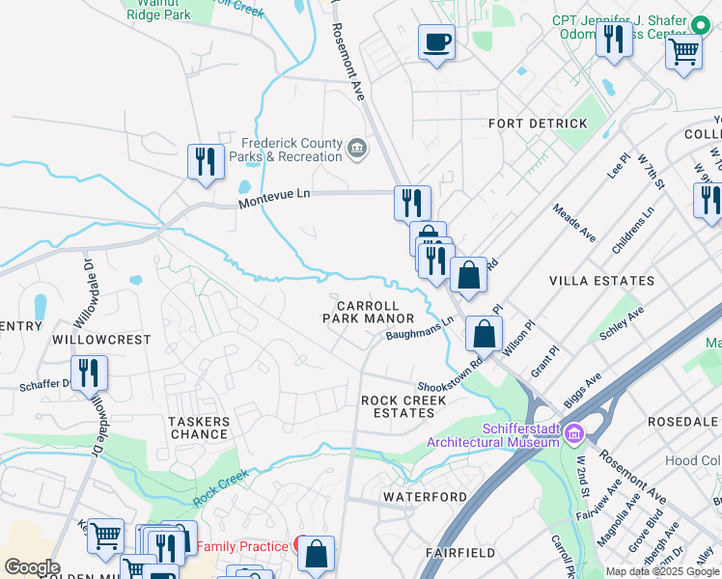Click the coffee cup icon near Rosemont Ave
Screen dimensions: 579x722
pyautogui.click(x=436, y=42)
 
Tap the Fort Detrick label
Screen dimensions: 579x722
pyautogui.click(x=538, y=124)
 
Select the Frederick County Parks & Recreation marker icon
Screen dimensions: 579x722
pyautogui.click(x=356, y=148)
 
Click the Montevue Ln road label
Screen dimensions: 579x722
pyautogui.click(x=275, y=195)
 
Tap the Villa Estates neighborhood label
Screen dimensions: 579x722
pyautogui.click(x=601, y=281)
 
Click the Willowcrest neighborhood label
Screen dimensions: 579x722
pyautogui.click(x=101, y=341)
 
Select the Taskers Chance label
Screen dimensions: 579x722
pyautogui.click(x=199, y=428)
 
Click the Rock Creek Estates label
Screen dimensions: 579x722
pyautogui.click(x=403, y=406)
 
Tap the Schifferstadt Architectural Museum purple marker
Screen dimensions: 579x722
pyautogui.click(x=574, y=433)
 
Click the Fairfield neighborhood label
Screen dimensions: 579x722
pyautogui.click(x=460, y=553)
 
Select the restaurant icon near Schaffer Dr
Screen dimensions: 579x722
pyautogui.click(x=89, y=372)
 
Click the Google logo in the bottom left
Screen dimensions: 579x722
pyautogui.click(x=31, y=566)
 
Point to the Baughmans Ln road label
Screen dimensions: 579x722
pyautogui.click(x=420, y=329)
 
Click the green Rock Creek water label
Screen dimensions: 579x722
pyautogui.click(x=220, y=488)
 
